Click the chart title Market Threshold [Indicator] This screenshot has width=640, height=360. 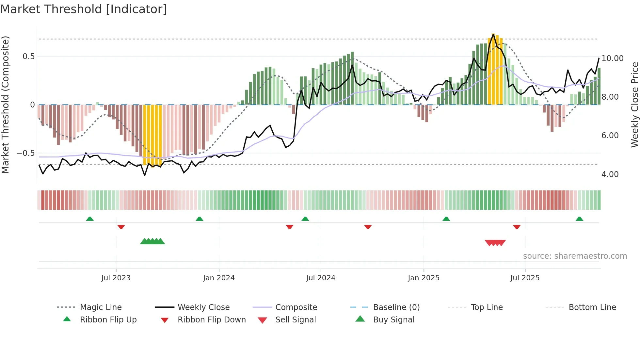pos(84,9)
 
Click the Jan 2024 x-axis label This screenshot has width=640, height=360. pos(219,278)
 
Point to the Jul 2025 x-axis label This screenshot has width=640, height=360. pos(525,278)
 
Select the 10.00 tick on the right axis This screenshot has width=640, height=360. pos(612,58)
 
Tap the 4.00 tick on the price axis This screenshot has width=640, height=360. pos(610,174)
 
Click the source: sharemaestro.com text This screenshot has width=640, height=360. pos(575,256)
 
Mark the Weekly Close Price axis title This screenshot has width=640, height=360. pos(634,105)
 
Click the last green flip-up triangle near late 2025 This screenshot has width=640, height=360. pos(579,219)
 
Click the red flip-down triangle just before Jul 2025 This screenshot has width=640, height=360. pos(517,227)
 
